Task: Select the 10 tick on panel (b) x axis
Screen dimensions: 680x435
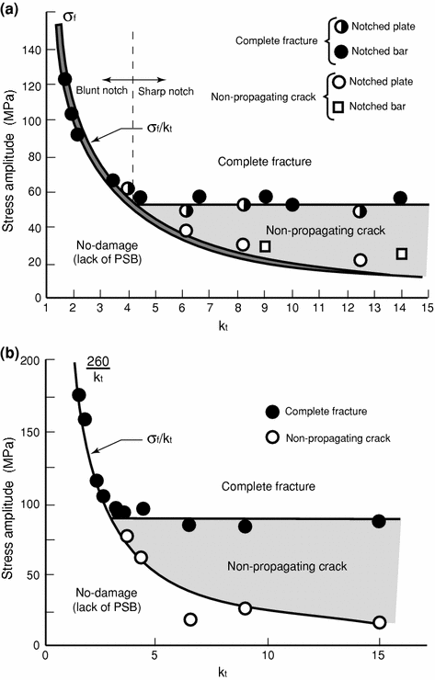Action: pos(268,658)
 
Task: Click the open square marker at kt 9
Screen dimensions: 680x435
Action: pos(265,246)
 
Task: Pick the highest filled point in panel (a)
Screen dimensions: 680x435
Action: pos(65,79)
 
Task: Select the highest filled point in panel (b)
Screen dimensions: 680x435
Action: pos(78,395)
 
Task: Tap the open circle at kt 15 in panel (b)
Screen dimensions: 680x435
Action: pos(379,622)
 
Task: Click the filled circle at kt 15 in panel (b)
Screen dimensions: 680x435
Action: pos(378,521)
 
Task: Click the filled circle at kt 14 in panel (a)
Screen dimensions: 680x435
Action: pos(400,198)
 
